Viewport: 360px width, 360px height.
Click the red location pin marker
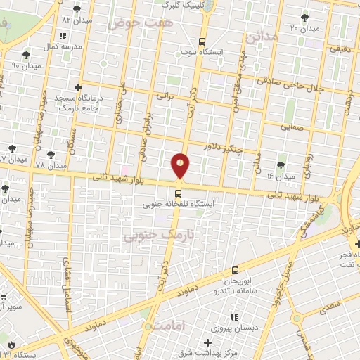[180, 166]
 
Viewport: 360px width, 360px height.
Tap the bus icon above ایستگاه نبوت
[202, 41]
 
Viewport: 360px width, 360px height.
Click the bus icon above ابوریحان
[235, 269]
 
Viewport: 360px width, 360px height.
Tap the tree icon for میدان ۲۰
[304, 18]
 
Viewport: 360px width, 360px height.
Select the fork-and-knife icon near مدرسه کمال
[63, 35]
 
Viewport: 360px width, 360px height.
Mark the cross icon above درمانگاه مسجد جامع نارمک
[78, 87]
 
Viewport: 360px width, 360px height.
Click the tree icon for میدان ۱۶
[281, 165]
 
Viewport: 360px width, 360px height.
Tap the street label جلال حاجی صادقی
[302, 88]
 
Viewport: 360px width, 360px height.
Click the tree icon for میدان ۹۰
[26, 53]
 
